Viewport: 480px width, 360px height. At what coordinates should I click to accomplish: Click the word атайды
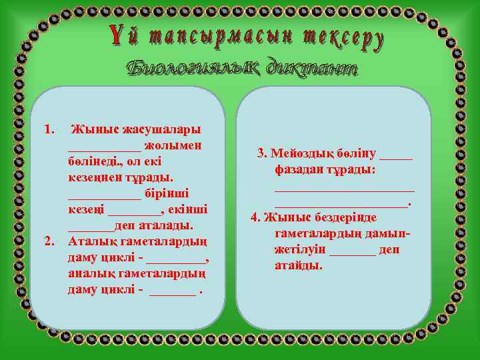click(x=298, y=265)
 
